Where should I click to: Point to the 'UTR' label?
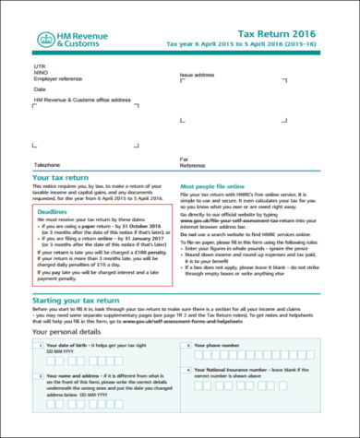[x=39, y=67]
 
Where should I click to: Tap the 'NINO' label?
[x=40, y=74]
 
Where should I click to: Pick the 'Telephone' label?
[x=47, y=164]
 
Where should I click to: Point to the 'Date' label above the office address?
[x=40, y=89]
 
